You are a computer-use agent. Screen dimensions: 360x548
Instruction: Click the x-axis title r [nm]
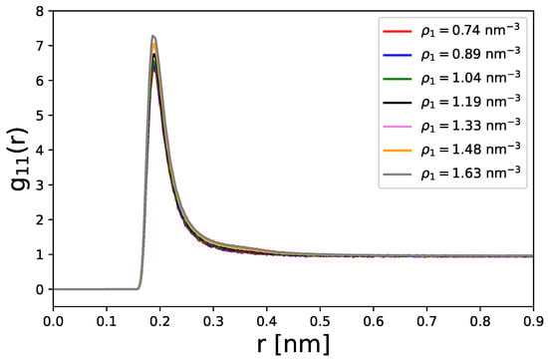tap(294, 344)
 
